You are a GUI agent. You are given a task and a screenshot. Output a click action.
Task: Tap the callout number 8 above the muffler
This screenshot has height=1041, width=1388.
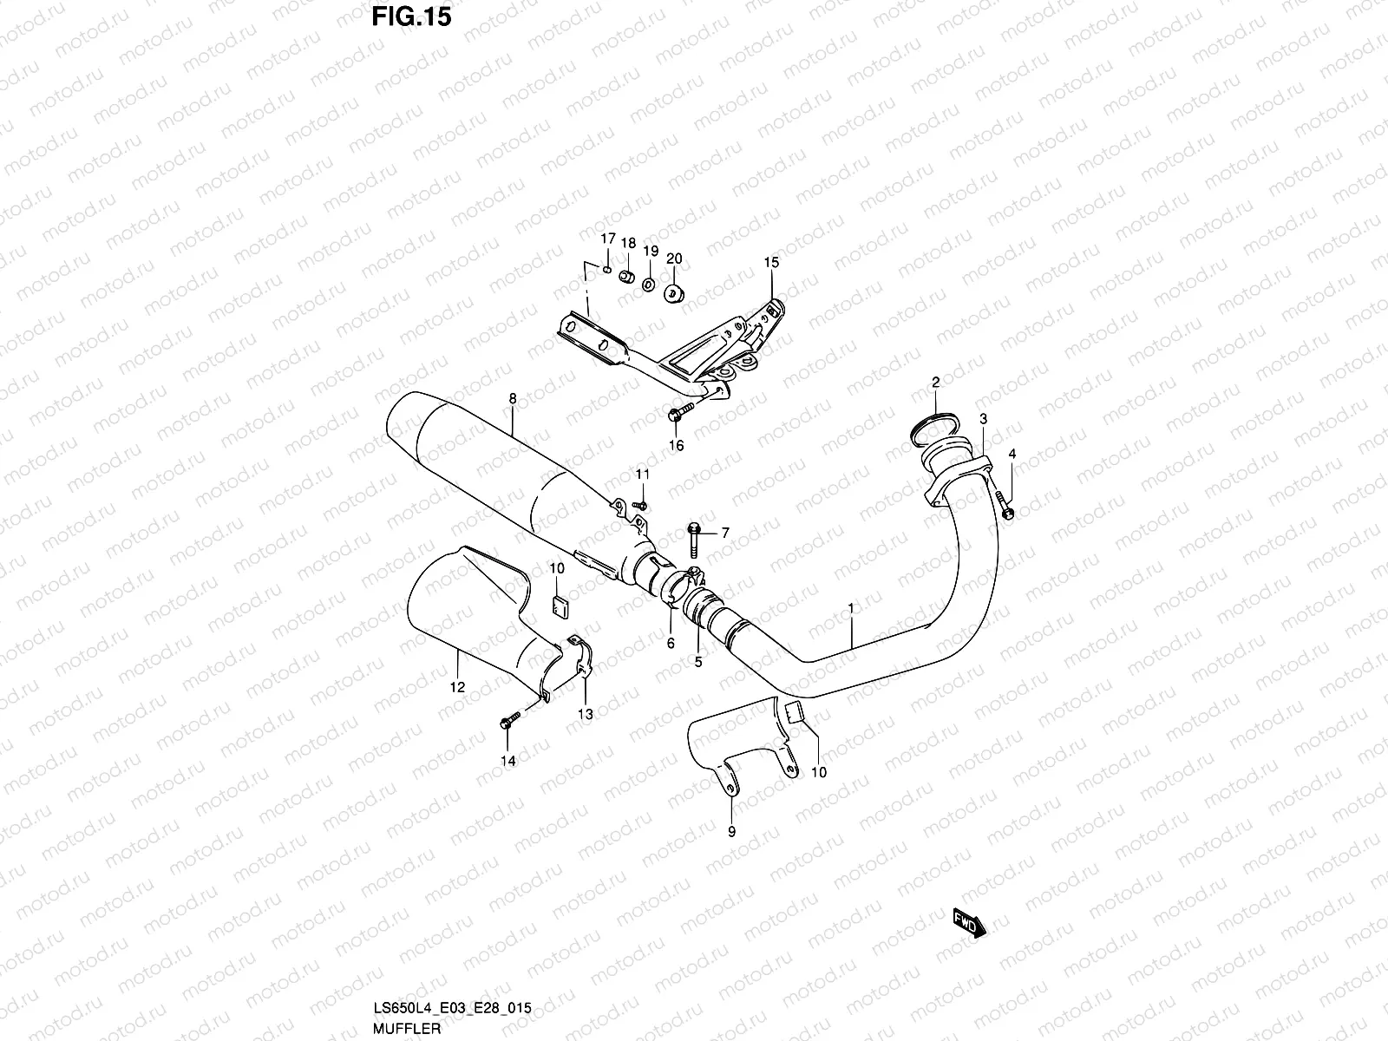513,399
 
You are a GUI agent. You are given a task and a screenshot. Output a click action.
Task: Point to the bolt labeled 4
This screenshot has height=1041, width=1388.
1005,506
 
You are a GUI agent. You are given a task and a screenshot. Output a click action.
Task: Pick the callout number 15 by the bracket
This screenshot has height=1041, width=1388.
771,262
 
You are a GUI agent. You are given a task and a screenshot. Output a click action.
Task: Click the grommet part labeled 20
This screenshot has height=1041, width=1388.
674,292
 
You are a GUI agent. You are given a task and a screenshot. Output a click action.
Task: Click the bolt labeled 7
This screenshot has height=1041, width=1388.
695,538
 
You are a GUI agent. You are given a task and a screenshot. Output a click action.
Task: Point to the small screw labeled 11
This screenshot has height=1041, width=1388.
640,504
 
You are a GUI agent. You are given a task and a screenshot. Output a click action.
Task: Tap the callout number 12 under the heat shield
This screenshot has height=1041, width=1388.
457,687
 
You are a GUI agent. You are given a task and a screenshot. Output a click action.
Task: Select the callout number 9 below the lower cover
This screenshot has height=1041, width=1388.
730,832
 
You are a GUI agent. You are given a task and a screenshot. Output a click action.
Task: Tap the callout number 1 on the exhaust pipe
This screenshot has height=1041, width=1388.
851,610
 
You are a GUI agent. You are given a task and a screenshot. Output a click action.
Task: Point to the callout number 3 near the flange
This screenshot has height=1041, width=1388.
983,420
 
